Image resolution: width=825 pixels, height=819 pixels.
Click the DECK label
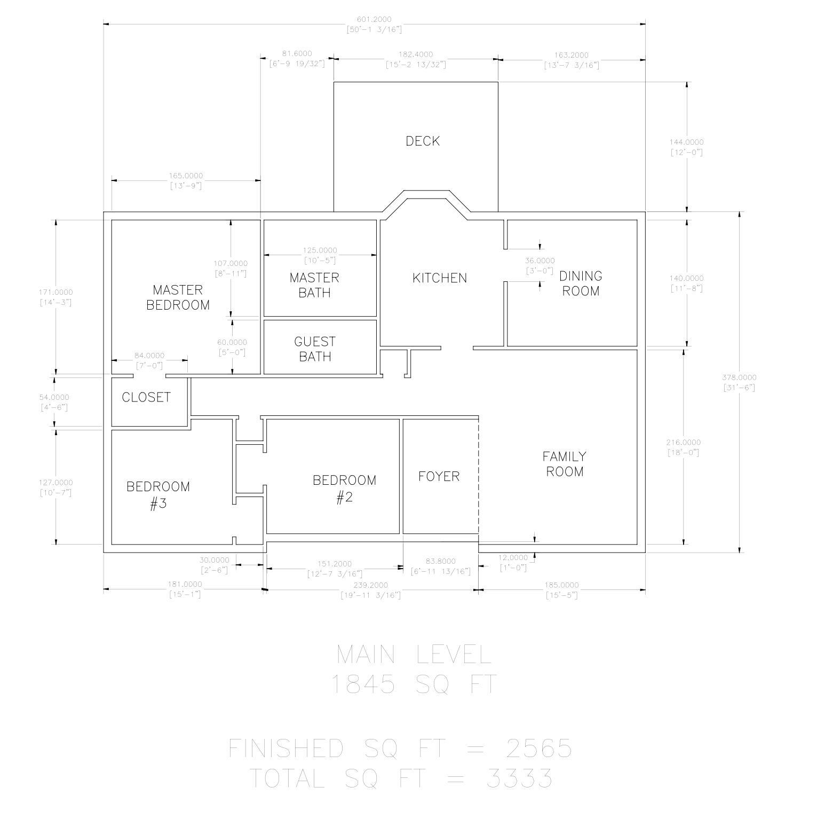[x=423, y=141]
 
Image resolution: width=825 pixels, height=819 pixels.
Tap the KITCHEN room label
[x=440, y=278]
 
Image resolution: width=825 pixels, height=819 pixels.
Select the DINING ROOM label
[x=581, y=283]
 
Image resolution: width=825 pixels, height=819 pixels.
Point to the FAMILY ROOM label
[x=565, y=464]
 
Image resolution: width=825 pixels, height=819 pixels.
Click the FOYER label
[x=439, y=476]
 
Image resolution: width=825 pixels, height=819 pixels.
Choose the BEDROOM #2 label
[x=344, y=489]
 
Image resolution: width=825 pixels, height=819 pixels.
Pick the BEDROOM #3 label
[x=158, y=495]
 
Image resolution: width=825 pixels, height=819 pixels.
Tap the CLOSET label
[x=146, y=397]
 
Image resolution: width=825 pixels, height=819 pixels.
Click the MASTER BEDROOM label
[x=178, y=297]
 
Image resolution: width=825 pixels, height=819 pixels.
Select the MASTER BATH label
[x=314, y=285]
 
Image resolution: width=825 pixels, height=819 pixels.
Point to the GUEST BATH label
[x=315, y=349]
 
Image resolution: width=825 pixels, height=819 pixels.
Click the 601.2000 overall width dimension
[x=374, y=20]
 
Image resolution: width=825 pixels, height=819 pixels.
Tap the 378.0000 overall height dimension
[x=739, y=377]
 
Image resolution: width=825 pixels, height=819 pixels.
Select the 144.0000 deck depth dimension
[x=686, y=142]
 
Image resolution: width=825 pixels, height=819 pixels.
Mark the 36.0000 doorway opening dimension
[x=540, y=261]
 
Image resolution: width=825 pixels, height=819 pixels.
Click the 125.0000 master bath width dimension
[x=320, y=250]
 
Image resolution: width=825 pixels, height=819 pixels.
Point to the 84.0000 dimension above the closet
[x=149, y=356]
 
